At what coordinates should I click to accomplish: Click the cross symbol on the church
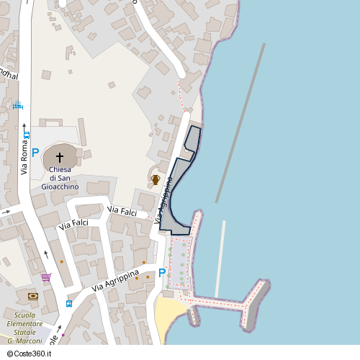tap(59, 156)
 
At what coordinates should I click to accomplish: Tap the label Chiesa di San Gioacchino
tap(63, 178)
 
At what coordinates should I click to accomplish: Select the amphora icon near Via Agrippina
tap(155, 179)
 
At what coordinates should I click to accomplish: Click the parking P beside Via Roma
tap(35, 153)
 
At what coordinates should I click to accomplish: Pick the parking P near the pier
tap(162, 273)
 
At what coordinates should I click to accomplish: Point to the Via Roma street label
tap(24, 160)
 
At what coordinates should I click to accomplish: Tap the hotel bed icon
tap(17, 107)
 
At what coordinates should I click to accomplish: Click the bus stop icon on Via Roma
tap(27, 134)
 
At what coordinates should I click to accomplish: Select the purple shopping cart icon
tap(46, 277)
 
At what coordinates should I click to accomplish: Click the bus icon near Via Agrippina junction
tap(68, 303)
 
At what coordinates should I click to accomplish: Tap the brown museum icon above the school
tap(32, 296)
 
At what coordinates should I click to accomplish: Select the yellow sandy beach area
tap(168, 312)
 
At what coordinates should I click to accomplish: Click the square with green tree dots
tap(180, 262)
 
